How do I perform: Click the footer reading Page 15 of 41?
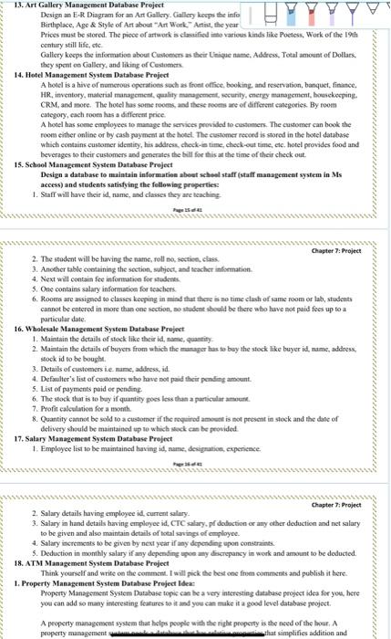pos(196,210)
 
